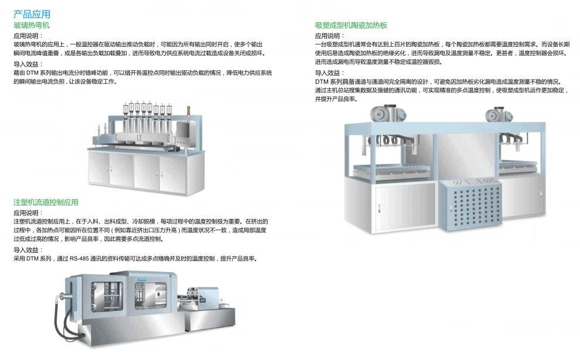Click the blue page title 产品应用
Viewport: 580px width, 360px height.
tap(32, 14)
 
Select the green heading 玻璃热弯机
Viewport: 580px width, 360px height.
tap(32, 25)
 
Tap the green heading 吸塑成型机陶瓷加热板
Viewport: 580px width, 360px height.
tap(351, 25)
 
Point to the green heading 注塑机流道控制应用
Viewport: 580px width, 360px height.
tap(46, 202)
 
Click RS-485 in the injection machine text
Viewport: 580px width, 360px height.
tap(79, 259)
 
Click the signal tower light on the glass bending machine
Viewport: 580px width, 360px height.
tap(189, 110)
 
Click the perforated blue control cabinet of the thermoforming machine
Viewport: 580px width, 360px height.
tap(470, 204)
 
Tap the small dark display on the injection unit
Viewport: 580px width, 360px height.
tap(202, 300)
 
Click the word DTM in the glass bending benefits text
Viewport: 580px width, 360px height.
tap(32, 73)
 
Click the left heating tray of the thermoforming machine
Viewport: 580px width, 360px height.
tap(392, 170)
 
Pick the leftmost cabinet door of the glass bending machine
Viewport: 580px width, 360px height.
tap(99, 168)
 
